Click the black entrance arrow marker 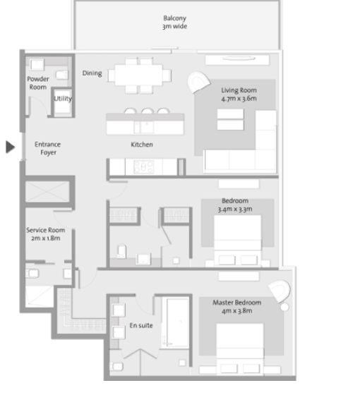coord(10,147)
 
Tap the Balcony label coord(174,18)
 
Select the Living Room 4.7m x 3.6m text coord(239,95)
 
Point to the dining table coord(139,75)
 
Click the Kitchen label coord(142,145)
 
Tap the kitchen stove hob coord(143,167)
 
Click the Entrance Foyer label coord(48,148)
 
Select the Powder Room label coord(38,83)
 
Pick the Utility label coord(63,99)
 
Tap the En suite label coord(141,325)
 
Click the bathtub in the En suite coord(178,322)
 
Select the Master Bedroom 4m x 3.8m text coord(237,307)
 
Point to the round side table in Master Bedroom coord(284,307)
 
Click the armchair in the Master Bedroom coord(280,290)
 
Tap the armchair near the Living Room coord(198,82)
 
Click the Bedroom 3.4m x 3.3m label coord(235,205)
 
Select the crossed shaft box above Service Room coord(47,192)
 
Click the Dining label coord(92,73)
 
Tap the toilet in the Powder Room coord(62,75)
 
